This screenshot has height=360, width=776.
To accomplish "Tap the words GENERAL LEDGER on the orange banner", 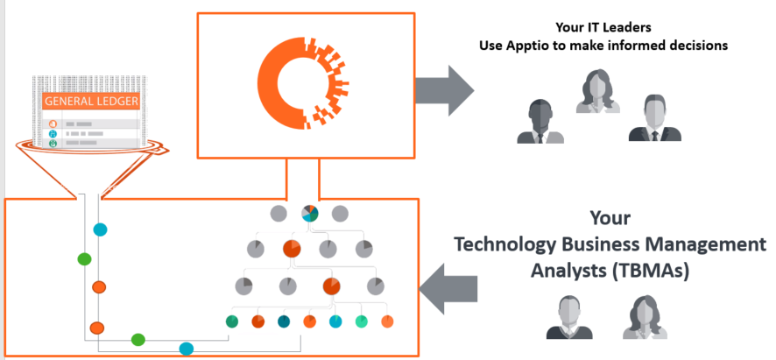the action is pos(92,102).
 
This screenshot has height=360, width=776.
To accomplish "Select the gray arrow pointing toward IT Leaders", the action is pos(444,90).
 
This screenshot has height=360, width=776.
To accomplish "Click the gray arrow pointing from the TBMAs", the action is pos(448,289).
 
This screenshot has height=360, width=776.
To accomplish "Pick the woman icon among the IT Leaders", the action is pos(598,92).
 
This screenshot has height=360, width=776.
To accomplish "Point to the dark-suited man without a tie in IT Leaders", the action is pos(540,122).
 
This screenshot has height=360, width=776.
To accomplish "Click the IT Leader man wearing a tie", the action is pos(655,118).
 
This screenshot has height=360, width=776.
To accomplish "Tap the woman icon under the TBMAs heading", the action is pos(642,317).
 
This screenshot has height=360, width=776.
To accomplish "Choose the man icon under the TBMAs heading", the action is pos(569,317).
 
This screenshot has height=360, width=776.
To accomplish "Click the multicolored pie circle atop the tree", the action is pos(310,214).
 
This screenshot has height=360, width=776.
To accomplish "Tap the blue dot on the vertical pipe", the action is pos(101,229).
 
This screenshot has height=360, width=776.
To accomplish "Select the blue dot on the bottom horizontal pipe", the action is pos(186,349).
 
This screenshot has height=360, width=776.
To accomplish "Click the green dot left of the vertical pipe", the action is pos(85,259).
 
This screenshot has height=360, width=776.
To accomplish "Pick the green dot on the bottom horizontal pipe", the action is pos(138,340).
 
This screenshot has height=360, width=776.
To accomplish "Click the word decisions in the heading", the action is pos(701,46).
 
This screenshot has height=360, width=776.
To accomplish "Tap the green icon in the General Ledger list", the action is pos(53,143).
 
